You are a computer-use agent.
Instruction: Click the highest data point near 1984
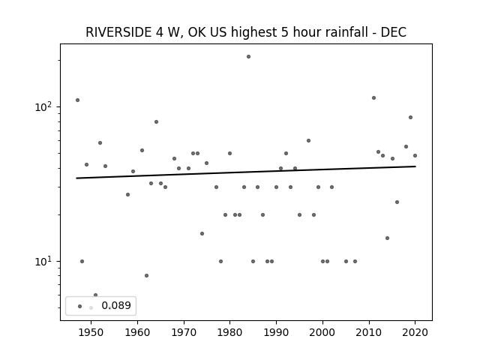248,57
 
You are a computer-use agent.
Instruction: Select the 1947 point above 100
77,100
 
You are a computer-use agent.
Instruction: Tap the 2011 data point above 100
373,98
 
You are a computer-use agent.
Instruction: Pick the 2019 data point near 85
410,118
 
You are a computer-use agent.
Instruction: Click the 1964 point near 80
156,121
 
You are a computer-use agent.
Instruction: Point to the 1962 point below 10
147,275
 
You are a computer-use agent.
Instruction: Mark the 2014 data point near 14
387,238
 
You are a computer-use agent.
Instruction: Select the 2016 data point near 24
397,202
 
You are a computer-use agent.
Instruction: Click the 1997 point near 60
308,141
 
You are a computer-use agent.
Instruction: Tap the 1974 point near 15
202,233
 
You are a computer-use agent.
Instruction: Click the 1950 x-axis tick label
91,332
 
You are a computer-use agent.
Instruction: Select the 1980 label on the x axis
229,332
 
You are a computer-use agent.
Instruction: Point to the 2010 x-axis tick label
368,332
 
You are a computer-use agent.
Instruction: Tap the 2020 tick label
415,332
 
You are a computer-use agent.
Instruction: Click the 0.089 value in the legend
116,305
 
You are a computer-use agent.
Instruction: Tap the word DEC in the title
393,32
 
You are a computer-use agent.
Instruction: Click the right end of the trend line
415,166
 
